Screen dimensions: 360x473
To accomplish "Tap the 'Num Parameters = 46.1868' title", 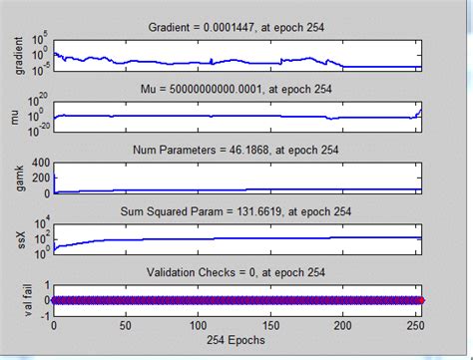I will point(236,152).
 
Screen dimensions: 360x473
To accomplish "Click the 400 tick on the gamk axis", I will point(37,163).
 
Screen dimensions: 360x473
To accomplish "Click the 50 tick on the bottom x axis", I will point(126,323).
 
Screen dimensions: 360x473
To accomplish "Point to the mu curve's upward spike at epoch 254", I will point(419,109).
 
